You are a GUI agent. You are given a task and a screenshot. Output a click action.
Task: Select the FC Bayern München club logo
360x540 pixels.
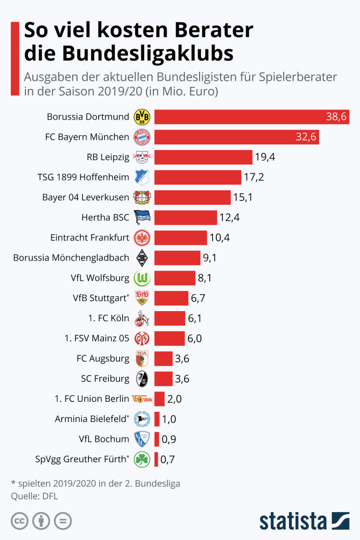point(142,137)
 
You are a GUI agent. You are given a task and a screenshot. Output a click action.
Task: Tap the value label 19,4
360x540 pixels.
point(265,157)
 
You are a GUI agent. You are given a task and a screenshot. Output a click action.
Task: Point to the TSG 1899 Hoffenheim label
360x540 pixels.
point(83,177)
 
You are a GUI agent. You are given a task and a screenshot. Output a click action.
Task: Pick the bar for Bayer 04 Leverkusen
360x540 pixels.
point(192,197)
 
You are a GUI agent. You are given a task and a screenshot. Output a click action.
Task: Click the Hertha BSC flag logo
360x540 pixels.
point(142,217)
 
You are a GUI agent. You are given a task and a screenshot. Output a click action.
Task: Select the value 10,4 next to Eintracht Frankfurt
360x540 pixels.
point(220,237)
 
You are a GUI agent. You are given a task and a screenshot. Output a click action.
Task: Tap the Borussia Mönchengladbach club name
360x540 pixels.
point(71,257)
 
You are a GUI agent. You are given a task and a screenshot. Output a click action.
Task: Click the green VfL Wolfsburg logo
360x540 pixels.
point(142,278)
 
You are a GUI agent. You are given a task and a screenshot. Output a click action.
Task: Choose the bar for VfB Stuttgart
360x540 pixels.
point(171,298)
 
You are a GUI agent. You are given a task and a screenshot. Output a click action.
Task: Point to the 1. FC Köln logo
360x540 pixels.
point(142,318)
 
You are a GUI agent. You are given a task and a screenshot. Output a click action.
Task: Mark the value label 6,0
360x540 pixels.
point(194,338)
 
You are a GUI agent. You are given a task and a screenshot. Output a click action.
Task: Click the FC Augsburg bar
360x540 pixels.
point(163,358)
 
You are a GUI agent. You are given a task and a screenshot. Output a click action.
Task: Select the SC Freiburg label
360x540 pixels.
point(105,379)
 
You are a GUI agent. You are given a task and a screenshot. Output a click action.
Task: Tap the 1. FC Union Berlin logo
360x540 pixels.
point(142,399)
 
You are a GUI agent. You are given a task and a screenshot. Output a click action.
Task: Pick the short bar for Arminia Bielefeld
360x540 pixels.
point(157,419)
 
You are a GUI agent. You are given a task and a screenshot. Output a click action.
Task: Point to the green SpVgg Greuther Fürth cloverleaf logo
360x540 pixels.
point(142,459)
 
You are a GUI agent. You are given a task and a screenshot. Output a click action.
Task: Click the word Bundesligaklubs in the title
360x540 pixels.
point(128,53)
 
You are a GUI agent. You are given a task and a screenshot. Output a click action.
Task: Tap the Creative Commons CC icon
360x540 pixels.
point(19,521)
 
